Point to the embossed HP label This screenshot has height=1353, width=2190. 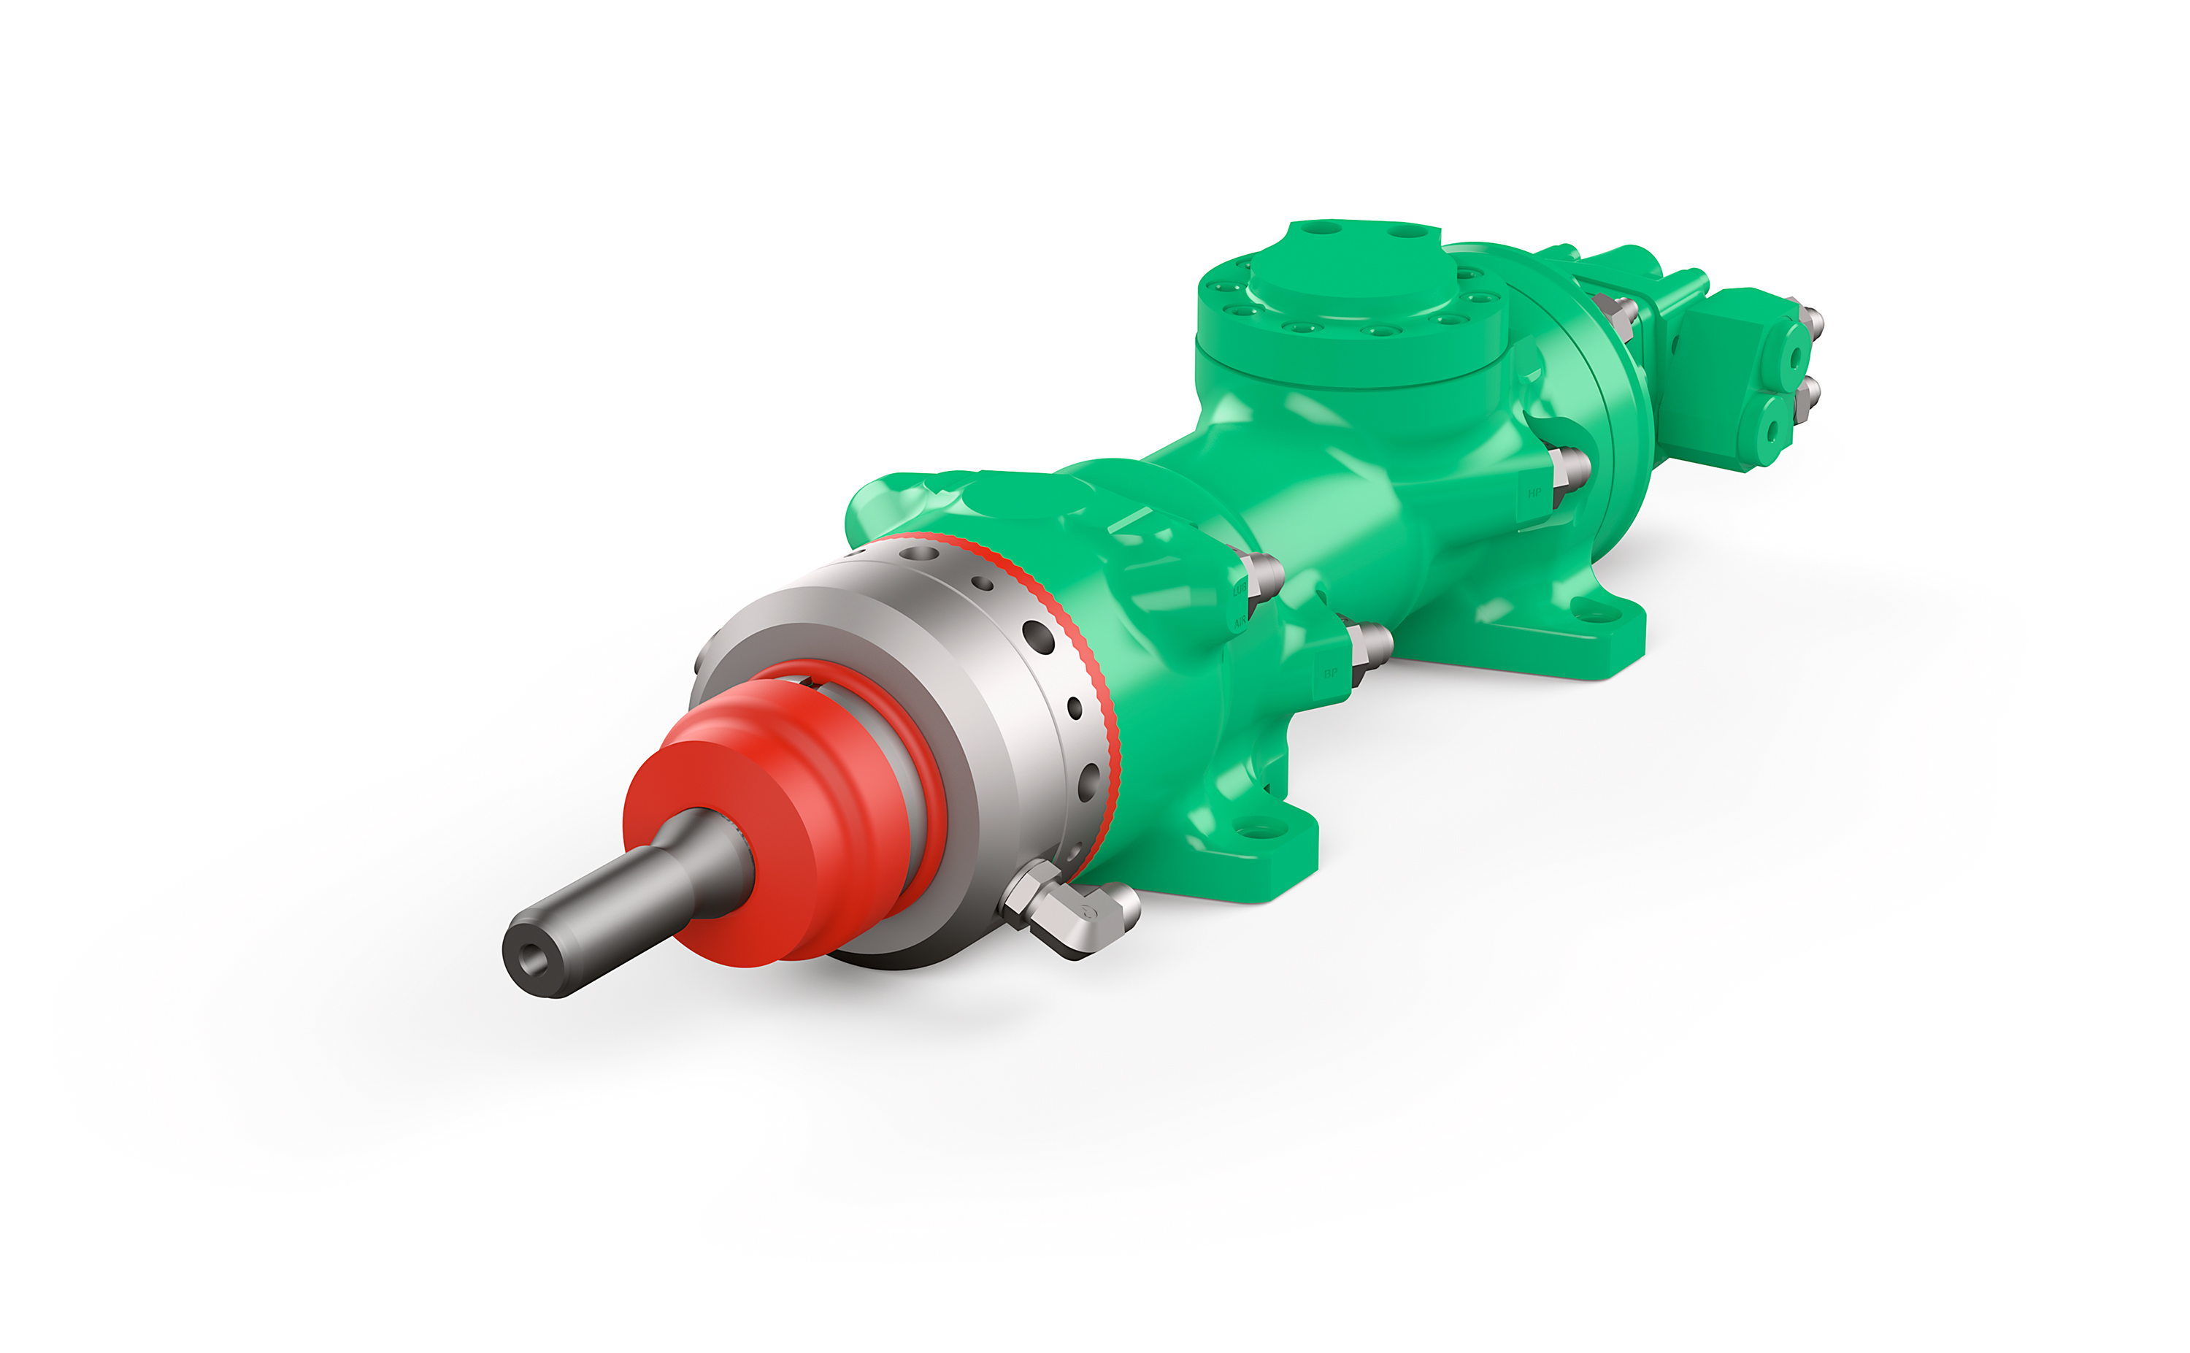point(1534,493)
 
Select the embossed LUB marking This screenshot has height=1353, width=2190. point(1239,589)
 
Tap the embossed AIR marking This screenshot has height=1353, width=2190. point(1240,621)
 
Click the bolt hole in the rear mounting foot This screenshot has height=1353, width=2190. point(1591,614)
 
